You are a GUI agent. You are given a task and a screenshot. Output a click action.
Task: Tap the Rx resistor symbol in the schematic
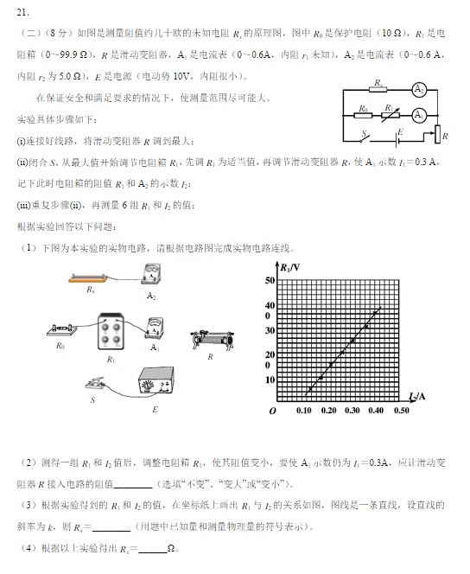(378, 90)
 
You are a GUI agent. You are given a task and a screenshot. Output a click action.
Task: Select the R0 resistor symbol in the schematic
(364, 114)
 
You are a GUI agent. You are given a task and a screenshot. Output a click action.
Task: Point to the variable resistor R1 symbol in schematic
(391, 114)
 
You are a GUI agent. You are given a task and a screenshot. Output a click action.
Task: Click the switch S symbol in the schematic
(367, 136)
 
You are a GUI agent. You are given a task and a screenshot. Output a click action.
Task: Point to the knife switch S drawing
(100, 384)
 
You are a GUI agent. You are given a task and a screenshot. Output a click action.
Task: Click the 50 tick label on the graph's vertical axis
(270, 281)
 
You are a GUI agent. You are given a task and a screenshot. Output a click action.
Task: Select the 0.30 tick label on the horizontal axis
(352, 410)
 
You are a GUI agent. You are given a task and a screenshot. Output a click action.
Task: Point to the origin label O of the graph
(272, 411)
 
